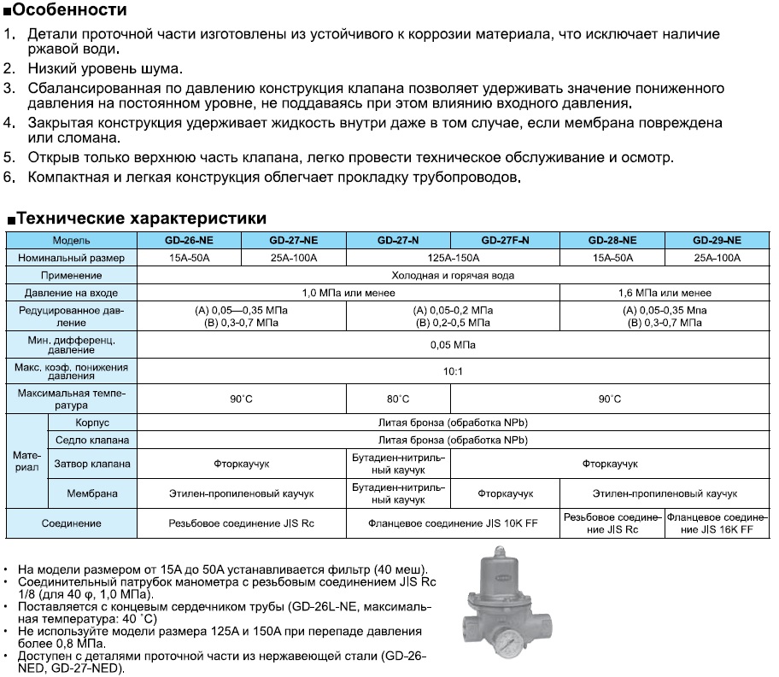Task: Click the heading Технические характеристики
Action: tap(141, 219)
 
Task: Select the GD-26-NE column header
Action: tap(190, 240)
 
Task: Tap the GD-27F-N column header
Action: tap(505, 240)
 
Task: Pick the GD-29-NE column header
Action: tap(717, 240)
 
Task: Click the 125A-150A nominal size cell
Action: tap(453, 258)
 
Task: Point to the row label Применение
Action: tap(72, 276)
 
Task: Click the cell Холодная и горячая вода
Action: tap(453, 276)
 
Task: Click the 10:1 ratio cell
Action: tap(453, 371)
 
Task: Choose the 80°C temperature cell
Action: tap(398, 400)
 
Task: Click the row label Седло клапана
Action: tap(92, 441)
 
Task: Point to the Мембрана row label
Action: tap(92, 493)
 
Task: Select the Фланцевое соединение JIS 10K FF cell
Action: tap(453, 523)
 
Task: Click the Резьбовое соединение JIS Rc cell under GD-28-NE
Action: tap(612, 523)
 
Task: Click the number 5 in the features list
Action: tap(9, 158)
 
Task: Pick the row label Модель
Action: tap(72, 240)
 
